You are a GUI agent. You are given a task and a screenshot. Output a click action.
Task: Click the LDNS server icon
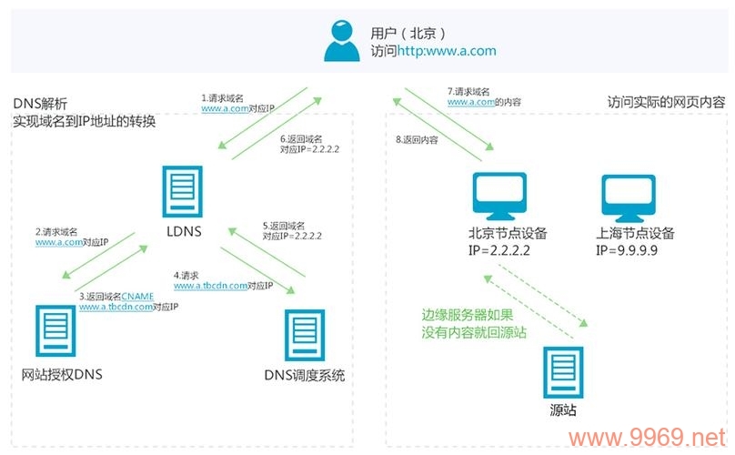click(x=182, y=192)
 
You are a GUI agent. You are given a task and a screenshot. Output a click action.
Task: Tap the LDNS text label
click(x=182, y=231)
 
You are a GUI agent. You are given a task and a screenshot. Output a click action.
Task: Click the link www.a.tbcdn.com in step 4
click(x=211, y=285)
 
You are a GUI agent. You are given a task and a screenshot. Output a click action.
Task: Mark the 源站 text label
click(x=564, y=409)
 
